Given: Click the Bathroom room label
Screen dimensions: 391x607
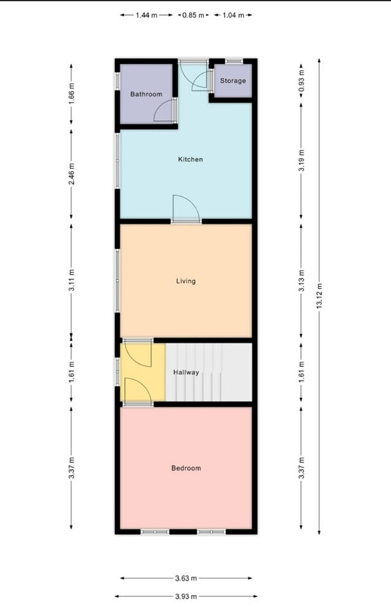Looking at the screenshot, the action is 146,94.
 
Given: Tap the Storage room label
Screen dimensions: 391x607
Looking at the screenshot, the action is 233,80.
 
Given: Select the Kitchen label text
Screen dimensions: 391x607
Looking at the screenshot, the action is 190,159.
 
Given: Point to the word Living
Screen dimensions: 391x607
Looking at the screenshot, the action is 185,281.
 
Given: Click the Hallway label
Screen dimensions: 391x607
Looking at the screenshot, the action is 186,372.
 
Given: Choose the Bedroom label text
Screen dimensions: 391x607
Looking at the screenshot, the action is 186,468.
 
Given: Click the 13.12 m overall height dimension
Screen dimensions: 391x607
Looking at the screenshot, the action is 320,296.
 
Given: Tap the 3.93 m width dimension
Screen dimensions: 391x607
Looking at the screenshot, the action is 186,596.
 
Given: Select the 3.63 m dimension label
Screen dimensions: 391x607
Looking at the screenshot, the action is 186,579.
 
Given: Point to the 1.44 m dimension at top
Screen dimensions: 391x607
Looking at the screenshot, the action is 147,15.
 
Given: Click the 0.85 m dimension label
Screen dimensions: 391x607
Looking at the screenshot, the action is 193,15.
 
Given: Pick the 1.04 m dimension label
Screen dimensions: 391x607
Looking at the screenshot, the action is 233,15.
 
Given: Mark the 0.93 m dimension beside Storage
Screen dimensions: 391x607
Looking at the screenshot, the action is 302,80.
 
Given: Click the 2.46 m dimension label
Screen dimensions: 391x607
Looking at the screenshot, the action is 71,174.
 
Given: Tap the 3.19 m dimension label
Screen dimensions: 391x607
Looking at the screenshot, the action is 302,160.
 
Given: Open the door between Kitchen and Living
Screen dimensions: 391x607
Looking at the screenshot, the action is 187,209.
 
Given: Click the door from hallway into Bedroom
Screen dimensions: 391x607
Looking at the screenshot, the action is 137,391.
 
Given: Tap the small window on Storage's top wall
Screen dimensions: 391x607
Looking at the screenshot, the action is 234,61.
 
